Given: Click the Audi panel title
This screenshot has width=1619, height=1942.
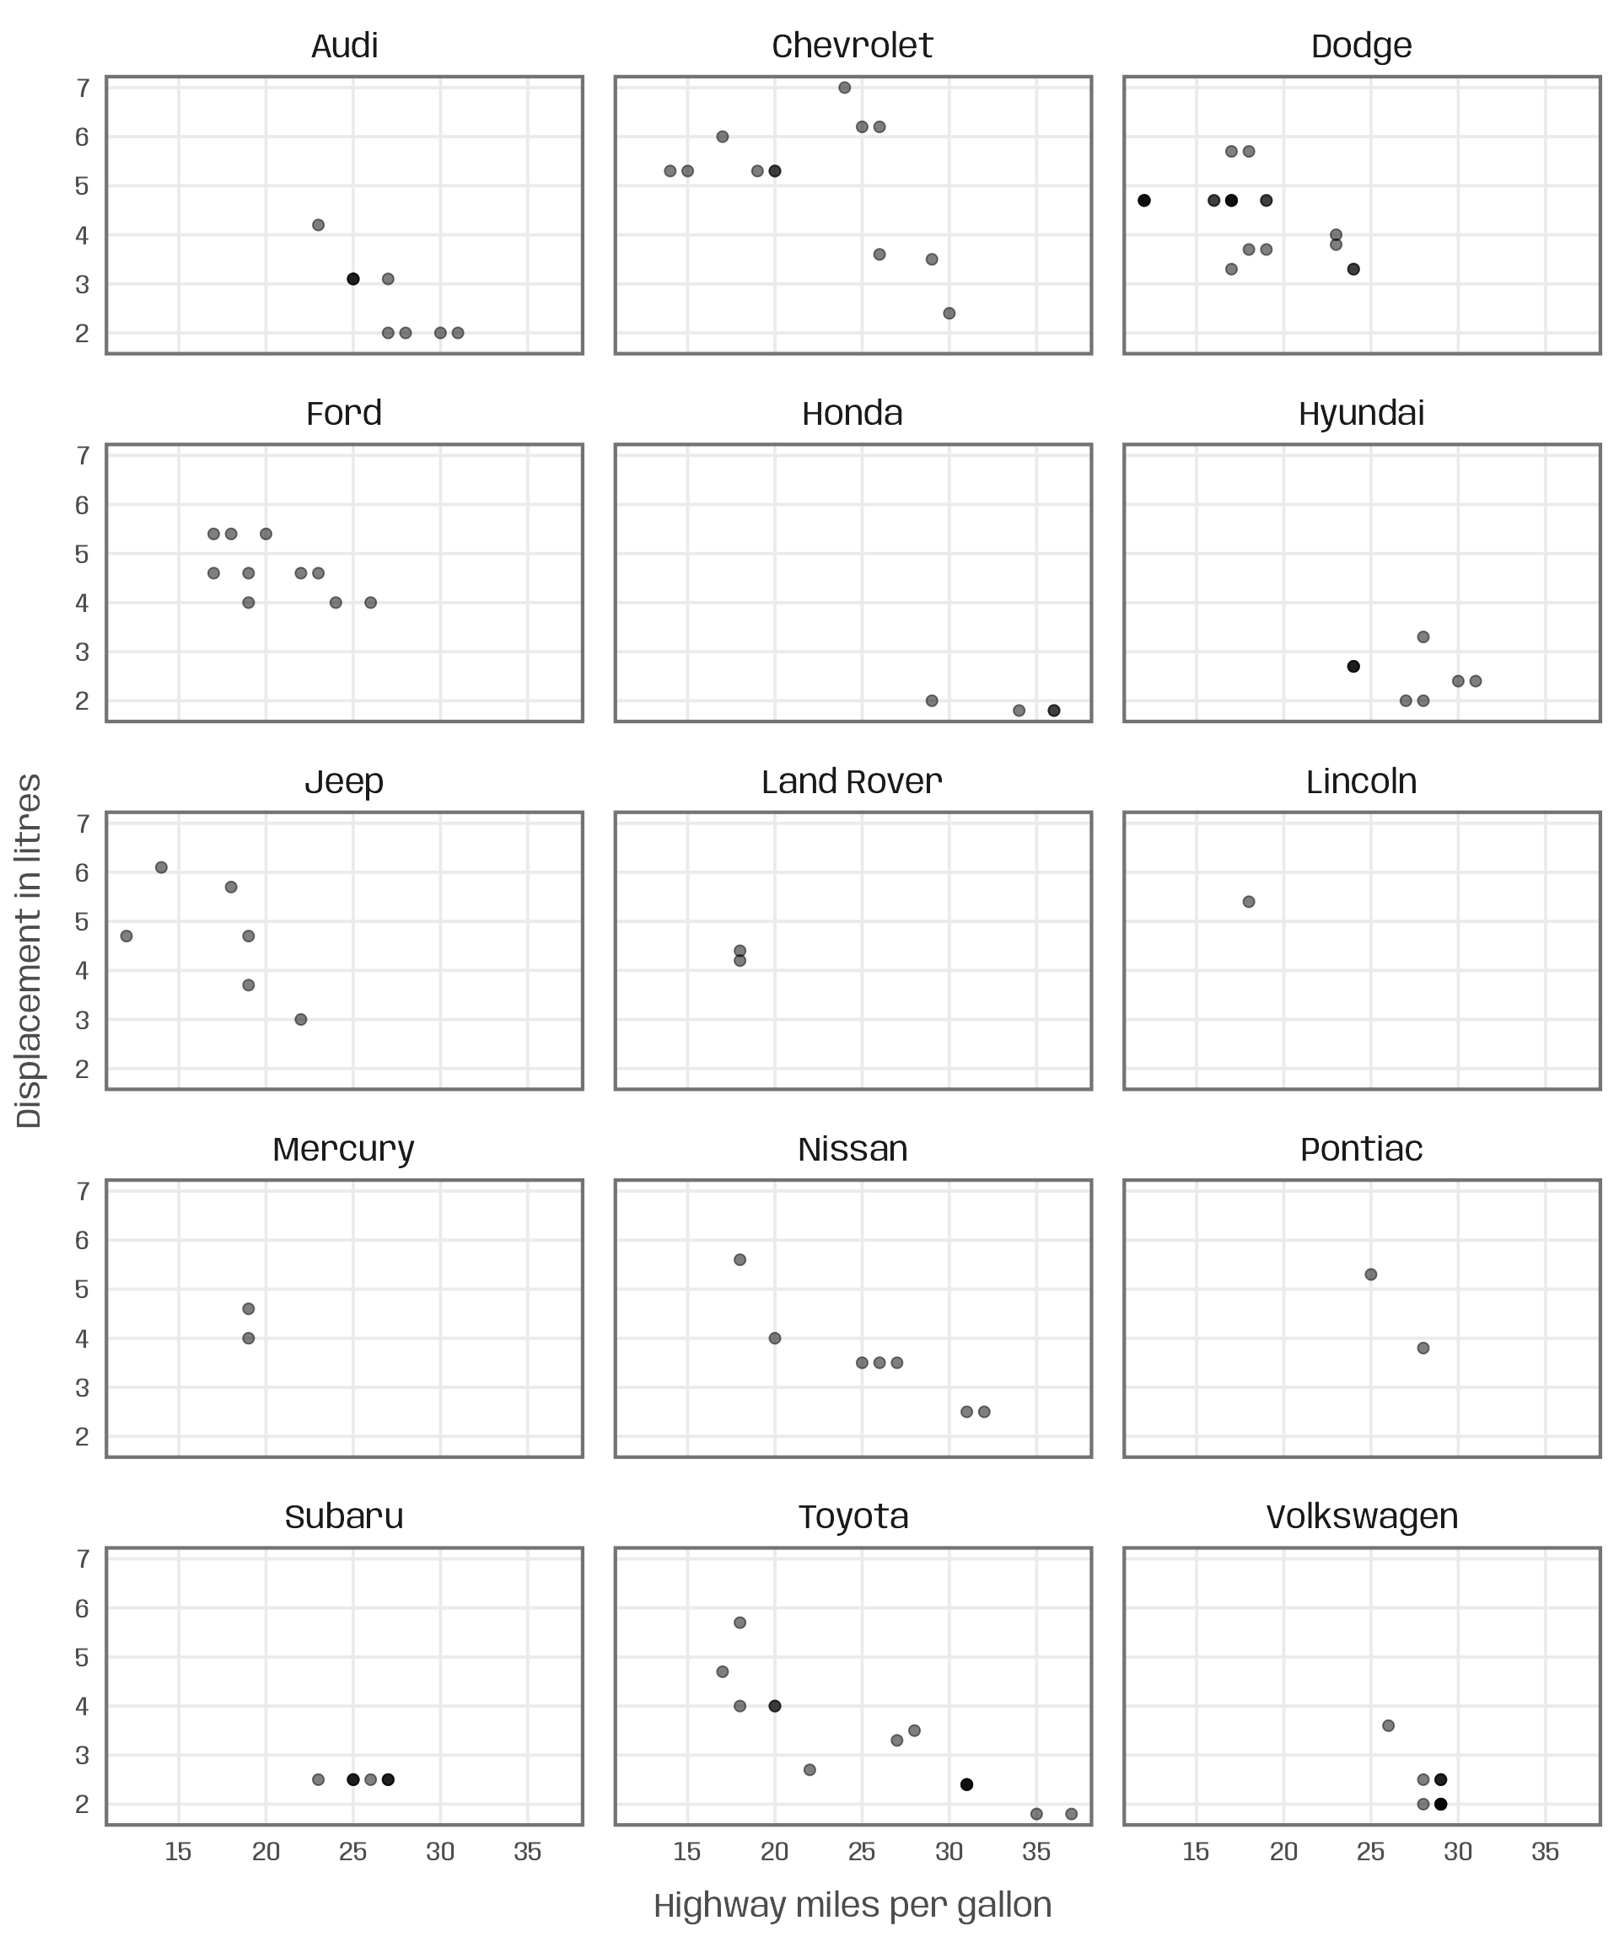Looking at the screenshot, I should pyautogui.click(x=344, y=46).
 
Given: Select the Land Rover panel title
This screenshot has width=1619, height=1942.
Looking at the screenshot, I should pyautogui.click(x=852, y=782).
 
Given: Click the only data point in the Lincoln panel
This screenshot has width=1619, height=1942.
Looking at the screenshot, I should pyautogui.click(x=1249, y=902).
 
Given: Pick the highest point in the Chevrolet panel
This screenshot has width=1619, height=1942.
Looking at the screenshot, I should pyautogui.click(x=845, y=88).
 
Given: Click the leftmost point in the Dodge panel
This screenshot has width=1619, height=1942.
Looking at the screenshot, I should pyautogui.click(x=1144, y=201).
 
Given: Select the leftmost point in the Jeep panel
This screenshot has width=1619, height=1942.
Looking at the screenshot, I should pyautogui.click(x=126, y=936).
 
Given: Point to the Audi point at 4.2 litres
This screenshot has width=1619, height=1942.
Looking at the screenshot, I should pyautogui.click(x=318, y=225).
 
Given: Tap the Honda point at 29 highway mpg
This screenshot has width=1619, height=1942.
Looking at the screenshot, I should pyautogui.click(x=932, y=701).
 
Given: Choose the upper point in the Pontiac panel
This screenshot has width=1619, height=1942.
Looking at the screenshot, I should pyautogui.click(x=1371, y=1274).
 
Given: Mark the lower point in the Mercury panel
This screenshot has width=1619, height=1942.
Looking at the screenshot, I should pyautogui.click(x=248, y=1338).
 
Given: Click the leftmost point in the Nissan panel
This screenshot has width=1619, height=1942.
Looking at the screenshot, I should pyautogui.click(x=740, y=1259).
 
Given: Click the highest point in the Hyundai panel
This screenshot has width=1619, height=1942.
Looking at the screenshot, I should pyautogui.click(x=1423, y=637).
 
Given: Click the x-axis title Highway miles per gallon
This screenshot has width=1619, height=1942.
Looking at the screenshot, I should pyautogui.click(x=852, y=1906).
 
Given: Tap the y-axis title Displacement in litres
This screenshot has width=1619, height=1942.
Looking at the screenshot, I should pyautogui.click(x=30, y=951).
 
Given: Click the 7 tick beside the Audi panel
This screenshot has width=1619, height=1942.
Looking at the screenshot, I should pyautogui.click(x=83, y=89).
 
